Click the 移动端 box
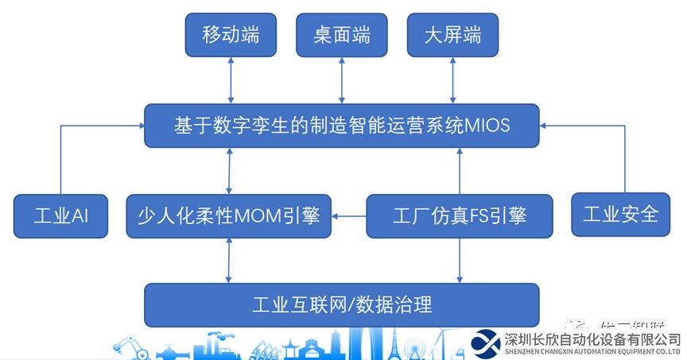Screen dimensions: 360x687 [x=231, y=36]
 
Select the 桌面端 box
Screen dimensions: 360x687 [x=342, y=36]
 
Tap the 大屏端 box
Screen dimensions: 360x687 [x=452, y=36]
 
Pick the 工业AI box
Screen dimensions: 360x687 [x=60, y=215]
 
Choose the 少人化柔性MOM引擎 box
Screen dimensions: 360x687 [x=229, y=215]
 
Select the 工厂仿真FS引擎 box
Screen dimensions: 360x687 [x=460, y=215]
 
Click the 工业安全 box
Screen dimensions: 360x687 [x=620, y=214]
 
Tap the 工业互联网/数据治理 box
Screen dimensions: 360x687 [x=341, y=304]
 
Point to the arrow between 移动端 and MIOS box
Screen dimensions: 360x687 [x=231, y=79]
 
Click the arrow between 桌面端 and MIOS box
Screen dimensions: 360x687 [x=342, y=79]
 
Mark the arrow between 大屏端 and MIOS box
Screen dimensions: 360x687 [x=452, y=79]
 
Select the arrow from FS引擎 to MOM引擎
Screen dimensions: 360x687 [x=349, y=215]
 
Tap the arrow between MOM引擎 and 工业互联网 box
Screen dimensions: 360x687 [x=229, y=260]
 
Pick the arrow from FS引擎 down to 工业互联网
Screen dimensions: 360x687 [x=460, y=260]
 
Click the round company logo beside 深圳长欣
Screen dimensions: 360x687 [x=486, y=342]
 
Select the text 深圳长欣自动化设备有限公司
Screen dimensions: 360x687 [x=592, y=338]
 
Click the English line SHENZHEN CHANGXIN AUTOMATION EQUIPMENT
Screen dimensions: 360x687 [x=592, y=350]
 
